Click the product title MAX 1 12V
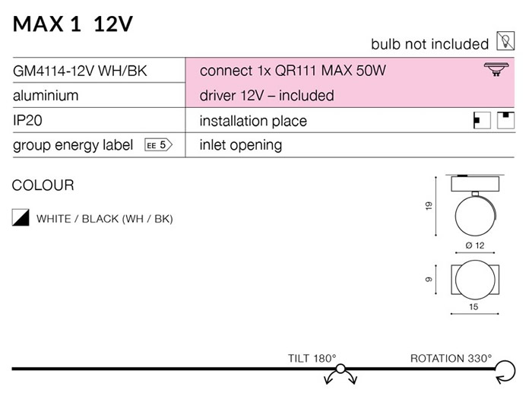pos(73,24)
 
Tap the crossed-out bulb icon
pos(505,41)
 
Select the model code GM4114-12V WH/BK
pos(80,71)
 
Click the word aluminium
pos(46,95)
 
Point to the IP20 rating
pos(27,120)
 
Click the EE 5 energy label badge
pos(158,145)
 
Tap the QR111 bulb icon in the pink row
pos(496,69)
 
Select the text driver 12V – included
pos(267,95)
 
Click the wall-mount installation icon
pos(482,120)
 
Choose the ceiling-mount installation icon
pos(505,120)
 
